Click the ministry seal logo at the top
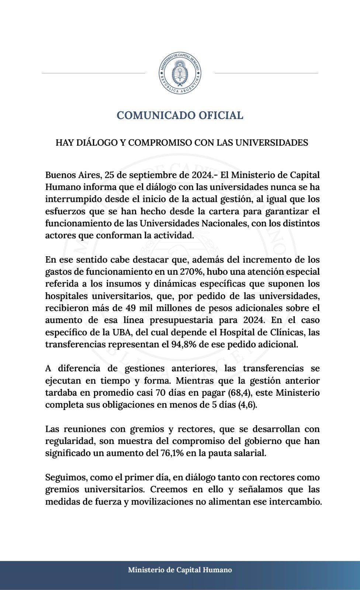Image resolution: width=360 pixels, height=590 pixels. pos(180,73)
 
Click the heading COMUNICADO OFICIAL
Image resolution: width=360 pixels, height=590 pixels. pos(180,115)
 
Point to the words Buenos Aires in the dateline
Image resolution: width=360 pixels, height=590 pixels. pos(72,175)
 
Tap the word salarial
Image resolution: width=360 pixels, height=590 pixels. pos(250,453)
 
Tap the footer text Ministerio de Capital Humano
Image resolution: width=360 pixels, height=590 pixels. pos(180,570)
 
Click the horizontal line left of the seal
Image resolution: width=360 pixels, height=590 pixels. pos(93,73)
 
